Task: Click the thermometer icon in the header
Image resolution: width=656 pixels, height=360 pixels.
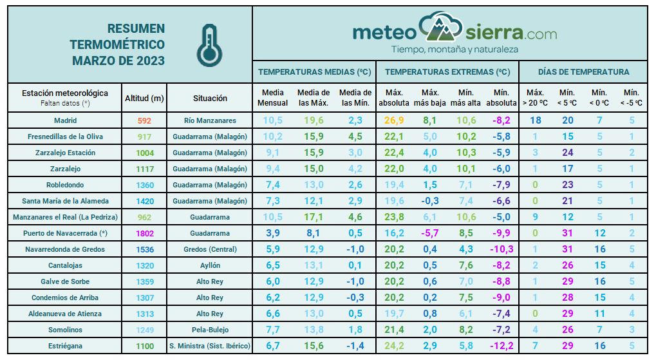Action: point(208,45)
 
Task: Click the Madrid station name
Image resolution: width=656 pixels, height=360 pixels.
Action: point(65,120)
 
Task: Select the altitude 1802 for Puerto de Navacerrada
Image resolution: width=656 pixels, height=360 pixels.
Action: point(144,233)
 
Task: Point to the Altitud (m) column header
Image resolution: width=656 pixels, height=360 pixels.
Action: point(144,99)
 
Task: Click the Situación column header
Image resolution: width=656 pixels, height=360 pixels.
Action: point(210,99)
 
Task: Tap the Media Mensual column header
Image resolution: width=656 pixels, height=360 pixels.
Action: point(273,98)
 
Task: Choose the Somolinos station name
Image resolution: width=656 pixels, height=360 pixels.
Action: point(65,330)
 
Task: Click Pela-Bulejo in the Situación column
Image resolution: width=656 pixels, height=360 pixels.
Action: point(210,330)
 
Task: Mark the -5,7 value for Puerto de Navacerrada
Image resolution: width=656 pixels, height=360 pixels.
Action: point(431,233)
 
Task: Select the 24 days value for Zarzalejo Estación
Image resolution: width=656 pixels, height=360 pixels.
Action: point(567,153)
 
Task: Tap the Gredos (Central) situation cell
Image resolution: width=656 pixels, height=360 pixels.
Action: point(210,249)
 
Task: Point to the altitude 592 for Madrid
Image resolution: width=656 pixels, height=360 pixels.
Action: point(144,120)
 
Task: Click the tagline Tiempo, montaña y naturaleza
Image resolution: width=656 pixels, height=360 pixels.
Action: point(455,50)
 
